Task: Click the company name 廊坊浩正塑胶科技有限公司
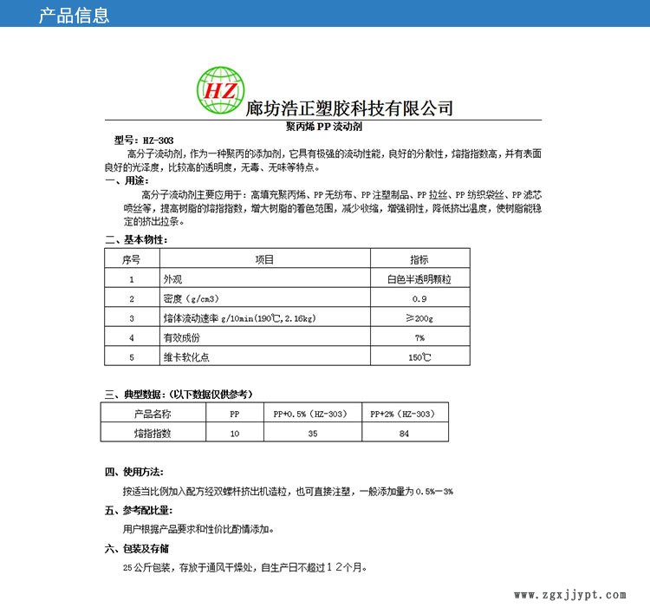[x=350, y=108]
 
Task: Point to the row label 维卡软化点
[x=181, y=356]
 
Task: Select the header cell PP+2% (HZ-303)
[x=404, y=414]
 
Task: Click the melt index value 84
[x=404, y=433]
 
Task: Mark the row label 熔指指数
[x=155, y=433]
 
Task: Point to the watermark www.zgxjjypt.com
[x=569, y=596]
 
